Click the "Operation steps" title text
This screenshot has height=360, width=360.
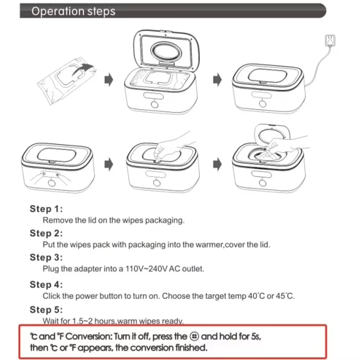click(x=73, y=11)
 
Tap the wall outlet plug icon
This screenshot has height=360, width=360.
click(x=330, y=40)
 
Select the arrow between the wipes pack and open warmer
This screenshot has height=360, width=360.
click(x=109, y=80)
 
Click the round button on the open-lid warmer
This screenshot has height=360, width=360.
click(x=155, y=104)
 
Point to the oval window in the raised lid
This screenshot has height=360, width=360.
click(x=166, y=51)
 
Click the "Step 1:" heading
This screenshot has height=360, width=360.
click(x=46, y=209)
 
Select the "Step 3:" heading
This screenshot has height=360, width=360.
click(x=46, y=257)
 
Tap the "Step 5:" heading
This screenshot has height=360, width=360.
click(x=46, y=310)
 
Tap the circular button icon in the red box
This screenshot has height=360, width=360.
click(x=194, y=337)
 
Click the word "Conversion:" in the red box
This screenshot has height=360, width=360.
click(x=89, y=337)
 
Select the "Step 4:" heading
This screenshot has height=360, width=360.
click(x=46, y=284)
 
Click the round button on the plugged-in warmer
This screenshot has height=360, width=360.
click(x=263, y=104)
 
